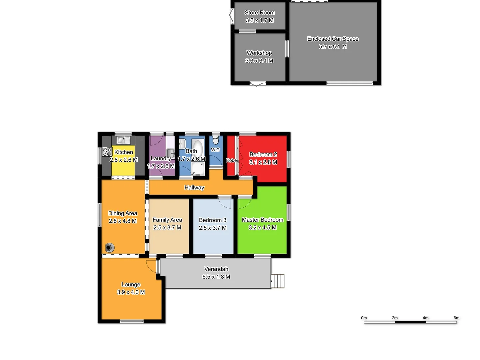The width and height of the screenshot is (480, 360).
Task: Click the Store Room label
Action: click(259, 13)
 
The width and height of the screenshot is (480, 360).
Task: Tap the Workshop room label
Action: click(259, 53)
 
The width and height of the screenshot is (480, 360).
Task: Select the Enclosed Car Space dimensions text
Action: click(333, 47)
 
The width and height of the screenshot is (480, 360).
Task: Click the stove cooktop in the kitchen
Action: click(107, 152)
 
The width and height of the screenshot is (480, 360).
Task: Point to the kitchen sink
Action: click(123, 140)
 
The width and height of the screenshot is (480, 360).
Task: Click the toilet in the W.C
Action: click(216, 140)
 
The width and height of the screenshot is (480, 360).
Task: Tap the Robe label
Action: click(231, 160)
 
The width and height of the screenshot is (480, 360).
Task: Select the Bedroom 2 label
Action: click(263, 154)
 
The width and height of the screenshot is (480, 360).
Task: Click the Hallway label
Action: click(194, 188)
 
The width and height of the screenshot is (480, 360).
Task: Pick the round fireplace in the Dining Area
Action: click(109, 248)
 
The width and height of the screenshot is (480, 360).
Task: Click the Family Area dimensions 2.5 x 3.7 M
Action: click(167, 228)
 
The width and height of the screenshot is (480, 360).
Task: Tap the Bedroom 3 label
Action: click(212, 220)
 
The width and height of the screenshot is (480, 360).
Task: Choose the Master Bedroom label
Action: click(262, 220)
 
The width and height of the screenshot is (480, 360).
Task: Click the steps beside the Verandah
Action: click(278, 281)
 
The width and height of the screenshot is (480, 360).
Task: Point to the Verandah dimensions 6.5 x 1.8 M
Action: click(216, 277)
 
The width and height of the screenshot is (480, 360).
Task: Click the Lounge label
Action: click(131, 284)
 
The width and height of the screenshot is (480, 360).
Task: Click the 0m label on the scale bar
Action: click(364, 318)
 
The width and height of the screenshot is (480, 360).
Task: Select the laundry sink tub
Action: click(171, 153)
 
